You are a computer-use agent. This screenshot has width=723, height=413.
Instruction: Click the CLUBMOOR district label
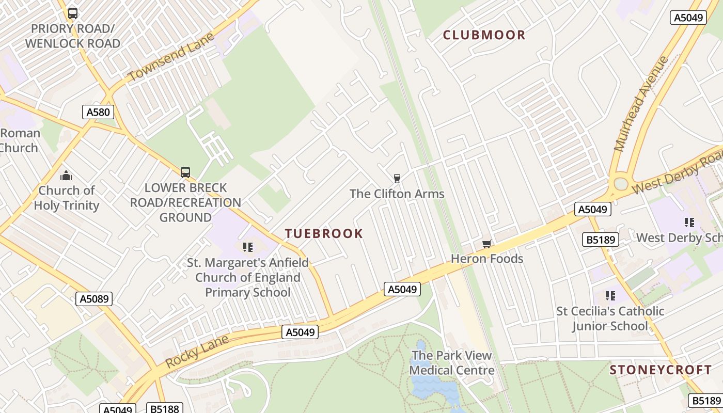[484, 35]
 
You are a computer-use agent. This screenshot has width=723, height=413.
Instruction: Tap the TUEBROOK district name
[324, 233]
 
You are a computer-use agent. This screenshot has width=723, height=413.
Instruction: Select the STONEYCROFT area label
[661, 370]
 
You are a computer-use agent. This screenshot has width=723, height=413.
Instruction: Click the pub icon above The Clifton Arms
[397, 179]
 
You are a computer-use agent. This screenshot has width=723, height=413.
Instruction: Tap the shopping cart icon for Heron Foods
[486, 244]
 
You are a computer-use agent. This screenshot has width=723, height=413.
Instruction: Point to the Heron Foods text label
[487, 259]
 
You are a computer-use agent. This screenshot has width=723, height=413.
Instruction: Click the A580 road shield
[98, 112]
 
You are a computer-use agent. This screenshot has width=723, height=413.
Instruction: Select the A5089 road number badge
[94, 298]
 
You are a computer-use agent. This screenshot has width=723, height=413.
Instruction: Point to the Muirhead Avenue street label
[641, 103]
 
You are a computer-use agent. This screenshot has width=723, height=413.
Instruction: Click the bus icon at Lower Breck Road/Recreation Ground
[185, 172]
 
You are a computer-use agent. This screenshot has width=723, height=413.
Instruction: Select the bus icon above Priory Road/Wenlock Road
[73, 13]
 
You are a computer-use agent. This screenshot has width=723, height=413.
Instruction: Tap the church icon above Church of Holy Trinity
[66, 176]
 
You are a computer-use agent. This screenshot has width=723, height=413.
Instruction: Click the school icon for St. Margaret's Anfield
[248, 247]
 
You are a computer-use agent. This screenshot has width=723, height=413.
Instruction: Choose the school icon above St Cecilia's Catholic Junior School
[610, 296]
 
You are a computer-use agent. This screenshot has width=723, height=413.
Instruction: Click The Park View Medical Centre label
[452, 363]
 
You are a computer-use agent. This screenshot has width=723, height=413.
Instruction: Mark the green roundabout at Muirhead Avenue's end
[621, 184]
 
